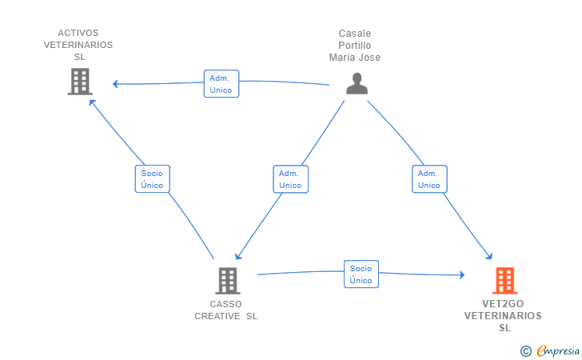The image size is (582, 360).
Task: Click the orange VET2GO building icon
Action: [504, 281]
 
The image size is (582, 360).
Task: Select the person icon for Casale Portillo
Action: [357, 83]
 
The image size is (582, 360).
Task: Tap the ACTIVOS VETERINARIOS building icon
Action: [80, 82]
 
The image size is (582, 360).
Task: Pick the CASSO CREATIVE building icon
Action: [228, 281]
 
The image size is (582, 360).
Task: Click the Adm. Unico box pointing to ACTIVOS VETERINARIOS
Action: [221, 83]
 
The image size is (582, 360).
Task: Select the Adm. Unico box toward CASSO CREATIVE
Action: [291, 179]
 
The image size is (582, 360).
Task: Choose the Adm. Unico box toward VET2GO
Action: [429, 179]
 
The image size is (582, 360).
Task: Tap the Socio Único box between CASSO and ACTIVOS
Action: [152, 179]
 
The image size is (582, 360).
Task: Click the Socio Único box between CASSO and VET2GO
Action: [361, 274]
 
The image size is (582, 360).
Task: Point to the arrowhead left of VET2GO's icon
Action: [462, 275]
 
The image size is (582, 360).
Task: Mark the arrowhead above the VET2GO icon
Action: [489, 256]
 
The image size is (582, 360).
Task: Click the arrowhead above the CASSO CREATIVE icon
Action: [238, 256]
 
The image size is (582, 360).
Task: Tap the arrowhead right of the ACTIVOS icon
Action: [115, 84]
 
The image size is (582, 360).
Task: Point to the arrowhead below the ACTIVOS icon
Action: [92, 102]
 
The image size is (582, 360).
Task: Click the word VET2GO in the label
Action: [503, 304]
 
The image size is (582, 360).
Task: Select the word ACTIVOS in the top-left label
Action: [78, 33]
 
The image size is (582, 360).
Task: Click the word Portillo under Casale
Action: [355, 46]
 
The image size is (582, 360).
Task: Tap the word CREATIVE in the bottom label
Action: [217, 316]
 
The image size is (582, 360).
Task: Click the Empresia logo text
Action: [558, 350]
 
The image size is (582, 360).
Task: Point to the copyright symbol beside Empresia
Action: [525, 351]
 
